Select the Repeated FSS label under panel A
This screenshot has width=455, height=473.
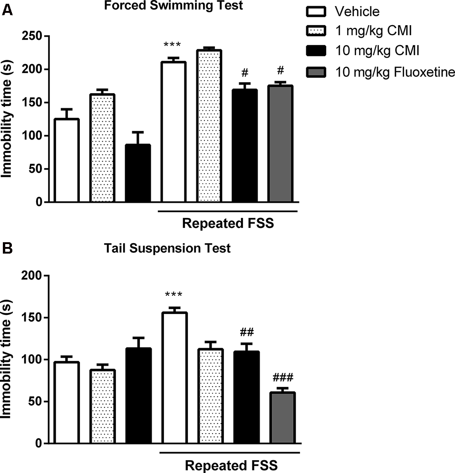coord(228,223)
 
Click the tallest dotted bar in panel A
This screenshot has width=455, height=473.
coord(208,126)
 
